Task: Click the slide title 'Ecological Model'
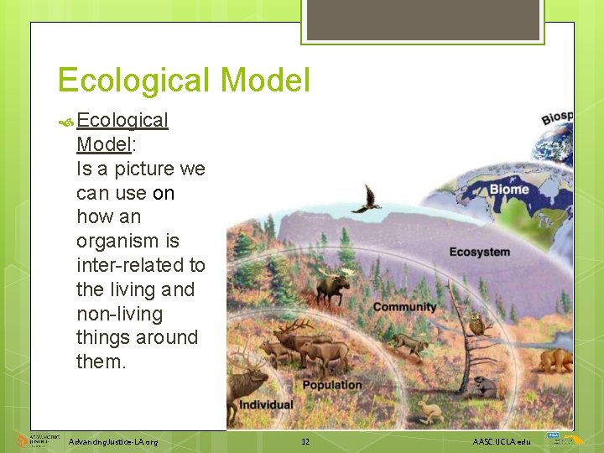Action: point(184,81)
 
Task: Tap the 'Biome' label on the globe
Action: point(509,189)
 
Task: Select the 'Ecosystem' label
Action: point(479,252)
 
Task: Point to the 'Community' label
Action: point(404,307)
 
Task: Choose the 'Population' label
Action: point(332,385)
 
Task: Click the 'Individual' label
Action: point(267,404)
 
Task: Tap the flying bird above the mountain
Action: point(367,200)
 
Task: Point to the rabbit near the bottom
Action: point(430,410)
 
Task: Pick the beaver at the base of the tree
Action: point(485,387)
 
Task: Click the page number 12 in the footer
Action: point(305,441)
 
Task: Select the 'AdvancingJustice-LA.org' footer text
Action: point(113,441)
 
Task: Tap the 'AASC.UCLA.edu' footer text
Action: point(502,441)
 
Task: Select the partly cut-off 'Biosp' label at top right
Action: point(556,116)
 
